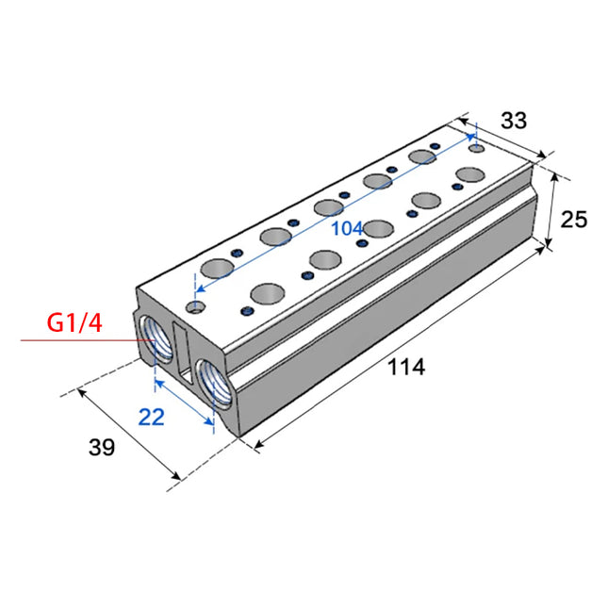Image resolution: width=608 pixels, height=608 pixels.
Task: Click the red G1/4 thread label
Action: [74, 322]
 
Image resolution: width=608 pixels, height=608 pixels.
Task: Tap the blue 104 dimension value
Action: [347, 228]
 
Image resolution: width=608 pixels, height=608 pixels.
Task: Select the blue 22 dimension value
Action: [151, 418]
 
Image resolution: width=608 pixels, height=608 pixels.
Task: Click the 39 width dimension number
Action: [102, 447]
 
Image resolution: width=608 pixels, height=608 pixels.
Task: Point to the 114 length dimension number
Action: [406, 367]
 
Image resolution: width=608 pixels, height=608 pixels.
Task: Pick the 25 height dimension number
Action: [574, 220]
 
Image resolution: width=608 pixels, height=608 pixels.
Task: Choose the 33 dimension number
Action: [514, 121]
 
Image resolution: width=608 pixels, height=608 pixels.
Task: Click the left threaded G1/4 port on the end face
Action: [156, 338]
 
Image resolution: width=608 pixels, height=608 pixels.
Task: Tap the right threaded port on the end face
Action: [214, 383]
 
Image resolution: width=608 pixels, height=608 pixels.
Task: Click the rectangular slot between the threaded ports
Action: [183, 353]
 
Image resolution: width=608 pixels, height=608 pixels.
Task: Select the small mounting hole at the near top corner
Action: [196, 307]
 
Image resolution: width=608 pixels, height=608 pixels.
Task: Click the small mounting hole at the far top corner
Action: [477, 148]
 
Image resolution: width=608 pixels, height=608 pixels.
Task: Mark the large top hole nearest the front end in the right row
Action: [267, 293]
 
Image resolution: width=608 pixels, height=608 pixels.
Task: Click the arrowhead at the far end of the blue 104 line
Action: [471, 137]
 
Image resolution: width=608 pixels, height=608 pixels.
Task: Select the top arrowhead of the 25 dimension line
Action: [555, 177]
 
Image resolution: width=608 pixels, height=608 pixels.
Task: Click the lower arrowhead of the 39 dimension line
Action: [176, 475]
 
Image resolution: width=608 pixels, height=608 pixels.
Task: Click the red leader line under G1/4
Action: [88, 340]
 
